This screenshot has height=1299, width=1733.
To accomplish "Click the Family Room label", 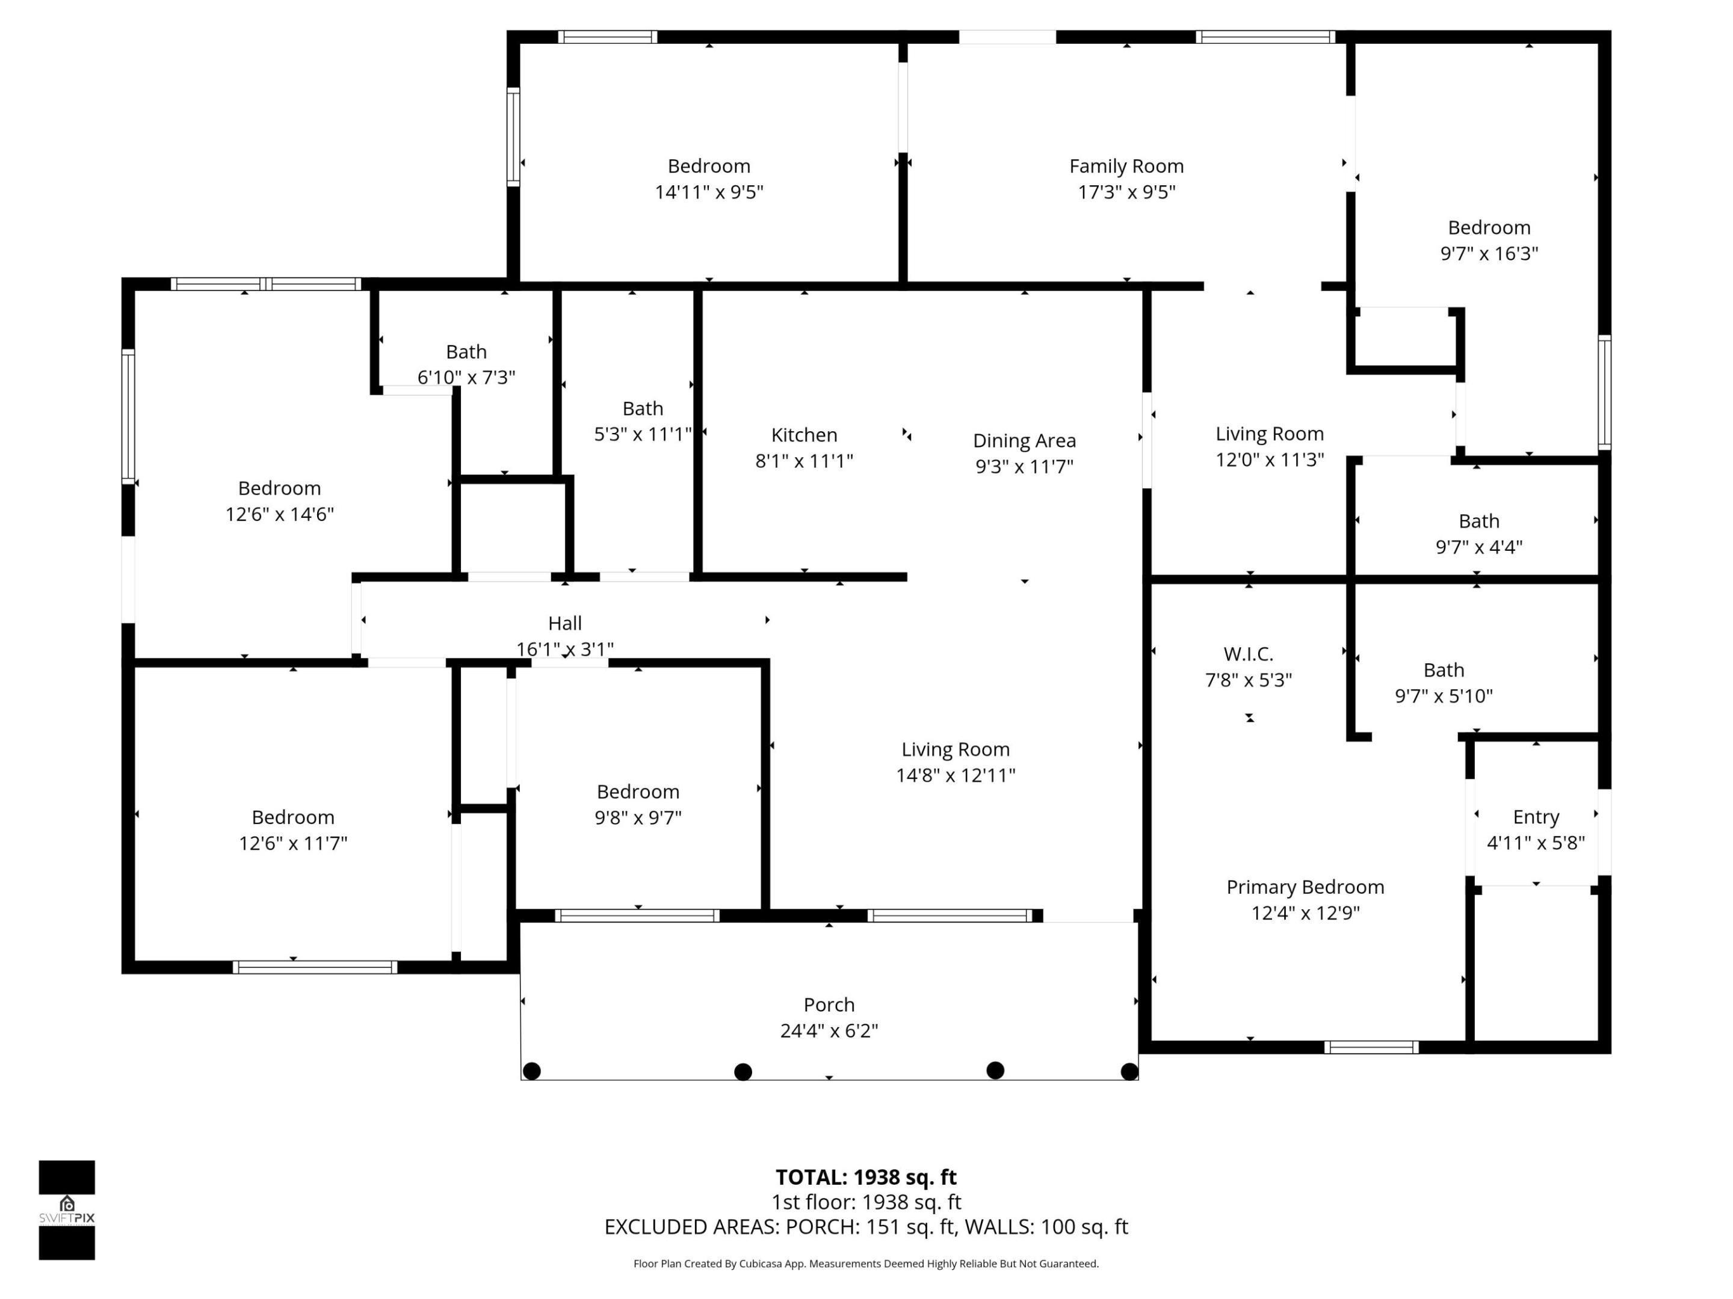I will coord(1126,166).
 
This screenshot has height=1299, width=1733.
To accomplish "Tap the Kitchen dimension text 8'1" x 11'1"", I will coord(804,461).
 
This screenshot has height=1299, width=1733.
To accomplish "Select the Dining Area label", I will coord(1024,441).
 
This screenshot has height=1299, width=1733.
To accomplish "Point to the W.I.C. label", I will coord(1248,654).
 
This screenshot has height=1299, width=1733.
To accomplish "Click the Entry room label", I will coord(1536,817).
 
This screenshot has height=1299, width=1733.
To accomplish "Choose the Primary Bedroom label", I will coord(1305,886).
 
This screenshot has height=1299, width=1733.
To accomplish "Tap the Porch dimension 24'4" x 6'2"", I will coord(829,1030).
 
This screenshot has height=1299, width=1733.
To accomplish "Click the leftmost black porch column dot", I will coord(531,1071).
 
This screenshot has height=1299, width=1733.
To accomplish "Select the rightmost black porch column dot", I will coord(1129,1071).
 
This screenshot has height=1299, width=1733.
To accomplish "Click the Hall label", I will coord(564,623).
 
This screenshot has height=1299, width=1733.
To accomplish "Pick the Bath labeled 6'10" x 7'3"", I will coord(466,352).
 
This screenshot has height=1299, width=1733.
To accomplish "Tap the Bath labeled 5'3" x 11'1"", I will coord(643,409).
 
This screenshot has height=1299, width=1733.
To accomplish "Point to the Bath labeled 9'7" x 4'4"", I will coord(1478,521).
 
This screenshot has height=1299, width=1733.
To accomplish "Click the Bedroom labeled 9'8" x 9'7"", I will coord(638,791).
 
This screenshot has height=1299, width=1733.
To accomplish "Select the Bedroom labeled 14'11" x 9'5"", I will coord(708,166).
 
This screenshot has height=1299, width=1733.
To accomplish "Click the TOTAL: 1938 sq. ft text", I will coord(866,1177).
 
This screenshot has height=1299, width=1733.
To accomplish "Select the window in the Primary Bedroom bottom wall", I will coord(1371,1047).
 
